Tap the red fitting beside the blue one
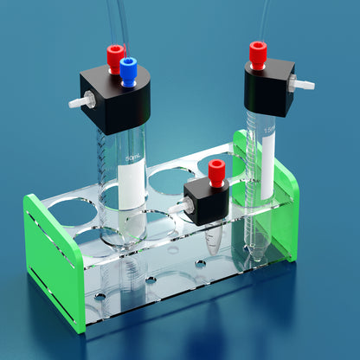coord(114,57)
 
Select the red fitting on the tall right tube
coord(257,55)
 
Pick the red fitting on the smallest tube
coord(216,170)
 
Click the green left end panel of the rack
coord(54,260)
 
